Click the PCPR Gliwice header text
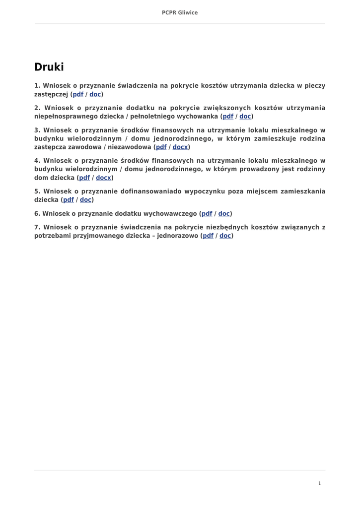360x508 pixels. click(x=180, y=12)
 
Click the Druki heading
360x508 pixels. click(x=49, y=67)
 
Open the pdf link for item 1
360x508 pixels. click(x=78, y=94)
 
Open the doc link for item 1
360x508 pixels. click(x=95, y=94)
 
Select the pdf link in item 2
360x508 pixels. click(x=228, y=116)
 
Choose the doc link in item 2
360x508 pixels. click(x=245, y=116)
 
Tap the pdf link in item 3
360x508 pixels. click(x=161, y=147)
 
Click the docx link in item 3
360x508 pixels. click(x=180, y=147)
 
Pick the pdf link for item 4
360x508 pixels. click(x=84, y=178)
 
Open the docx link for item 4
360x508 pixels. click(x=103, y=178)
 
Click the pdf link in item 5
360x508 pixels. click(x=69, y=200)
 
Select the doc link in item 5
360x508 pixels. click(x=86, y=200)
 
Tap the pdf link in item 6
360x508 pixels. click(x=207, y=214)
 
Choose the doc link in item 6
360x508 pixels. click(x=224, y=214)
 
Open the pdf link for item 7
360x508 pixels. click(x=208, y=236)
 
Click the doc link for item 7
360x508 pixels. click(x=225, y=236)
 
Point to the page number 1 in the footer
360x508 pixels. click(x=319, y=483)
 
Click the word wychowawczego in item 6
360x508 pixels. click(x=170, y=214)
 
